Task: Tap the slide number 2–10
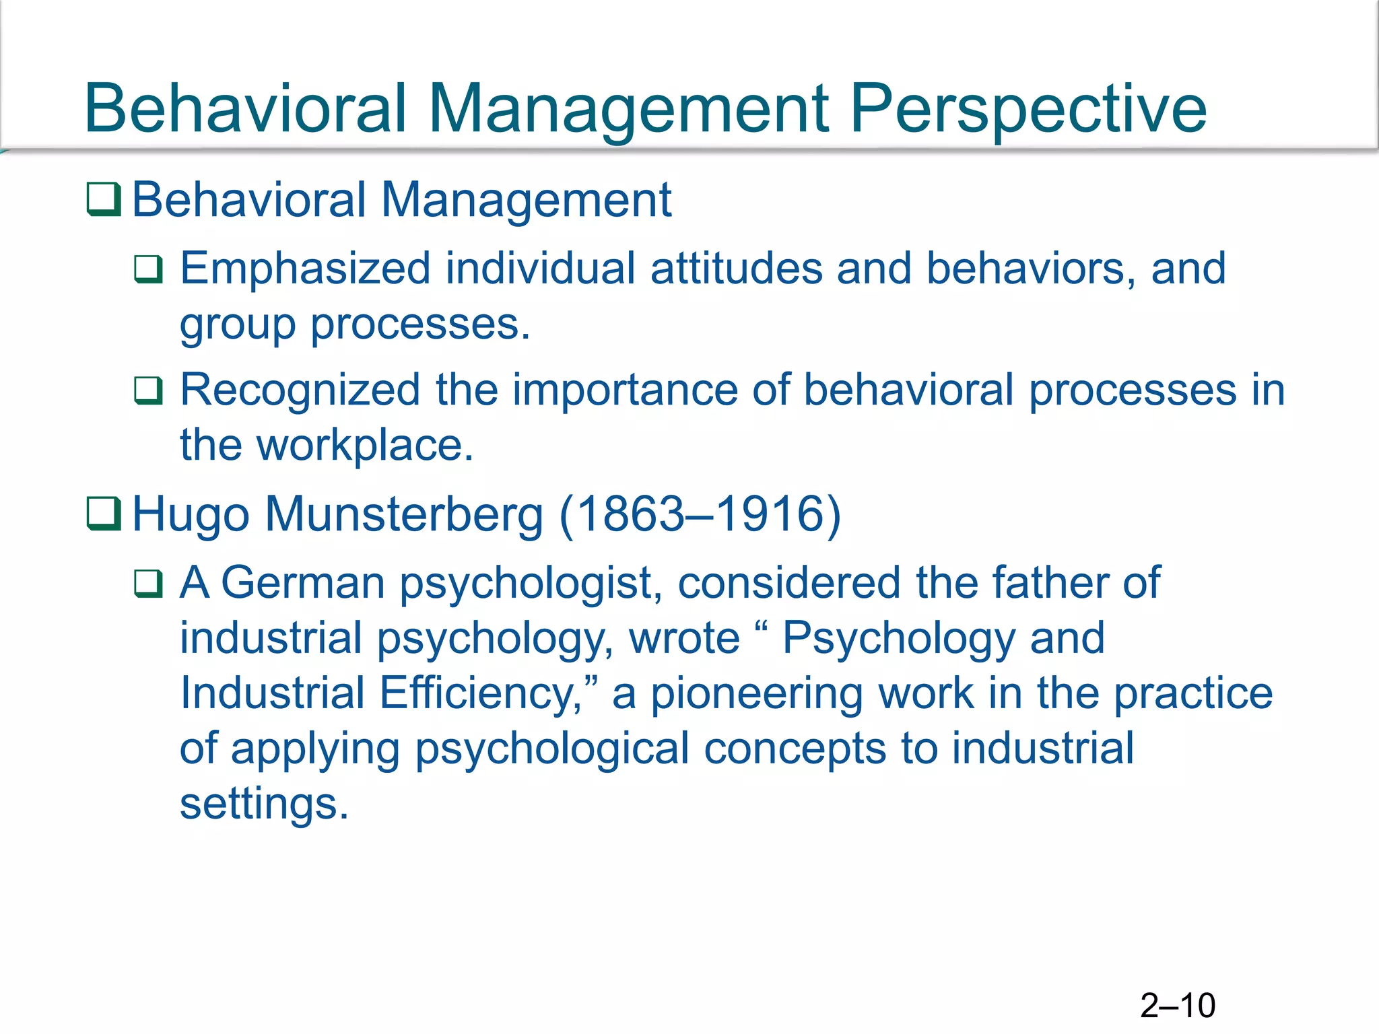[x=1178, y=1006]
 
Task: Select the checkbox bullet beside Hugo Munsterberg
[x=104, y=514]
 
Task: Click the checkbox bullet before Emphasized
[x=148, y=269]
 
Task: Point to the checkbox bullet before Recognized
[x=148, y=390]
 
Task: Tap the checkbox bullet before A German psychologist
[x=148, y=583]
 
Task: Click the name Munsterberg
[x=403, y=515]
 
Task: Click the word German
[x=302, y=583]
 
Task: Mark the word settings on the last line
[x=263, y=805]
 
